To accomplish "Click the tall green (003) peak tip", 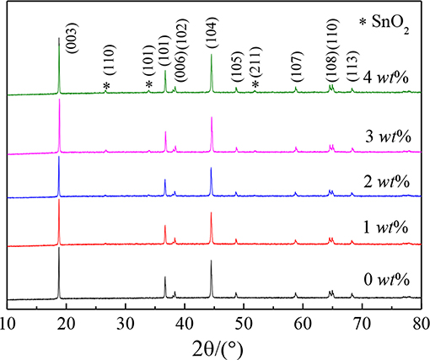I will coord(59,39).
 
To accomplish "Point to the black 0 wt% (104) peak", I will coord(211,262).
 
